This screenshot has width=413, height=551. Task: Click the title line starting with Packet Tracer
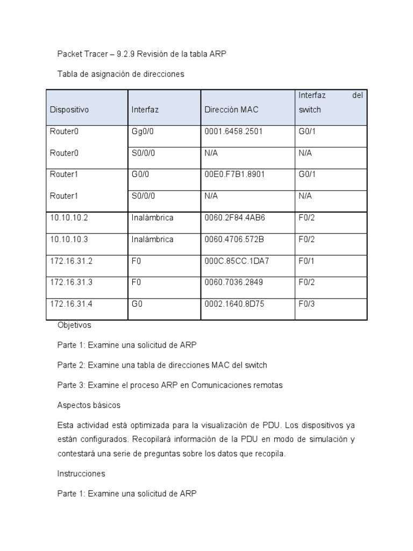(x=146, y=54)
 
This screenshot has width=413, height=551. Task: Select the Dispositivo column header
(x=69, y=109)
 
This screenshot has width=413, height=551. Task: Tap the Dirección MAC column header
(x=231, y=109)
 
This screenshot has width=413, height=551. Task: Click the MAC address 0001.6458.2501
(x=233, y=131)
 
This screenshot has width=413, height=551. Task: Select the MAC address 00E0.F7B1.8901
(x=234, y=174)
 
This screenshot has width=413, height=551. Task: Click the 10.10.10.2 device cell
(x=68, y=218)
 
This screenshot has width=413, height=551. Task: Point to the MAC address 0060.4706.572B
(x=234, y=239)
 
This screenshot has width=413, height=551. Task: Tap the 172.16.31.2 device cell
(x=71, y=261)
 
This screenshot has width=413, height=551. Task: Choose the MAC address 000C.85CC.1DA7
(x=237, y=261)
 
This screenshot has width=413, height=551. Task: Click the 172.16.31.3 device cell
(x=71, y=282)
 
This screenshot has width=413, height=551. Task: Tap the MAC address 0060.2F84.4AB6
(x=234, y=218)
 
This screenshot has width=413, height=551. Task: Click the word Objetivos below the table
(x=74, y=325)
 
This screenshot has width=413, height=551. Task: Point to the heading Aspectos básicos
(x=88, y=405)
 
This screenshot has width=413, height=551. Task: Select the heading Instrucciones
(x=81, y=474)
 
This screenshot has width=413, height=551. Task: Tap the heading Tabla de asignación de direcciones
(x=120, y=74)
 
